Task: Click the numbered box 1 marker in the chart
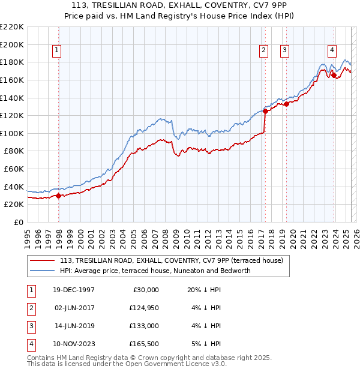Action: [x=56, y=51]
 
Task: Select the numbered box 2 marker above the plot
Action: [x=263, y=51]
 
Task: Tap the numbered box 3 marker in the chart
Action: [x=284, y=51]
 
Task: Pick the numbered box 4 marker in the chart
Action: [x=332, y=51]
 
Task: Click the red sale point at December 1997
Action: [x=58, y=196]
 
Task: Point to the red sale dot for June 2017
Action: [x=265, y=111]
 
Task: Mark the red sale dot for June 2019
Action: [x=286, y=104]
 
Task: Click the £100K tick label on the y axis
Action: [x=11, y=133]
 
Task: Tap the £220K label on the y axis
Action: [x=11, y=27]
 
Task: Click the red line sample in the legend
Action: [x=43, y=260]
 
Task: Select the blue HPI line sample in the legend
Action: [x=43, y=271]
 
